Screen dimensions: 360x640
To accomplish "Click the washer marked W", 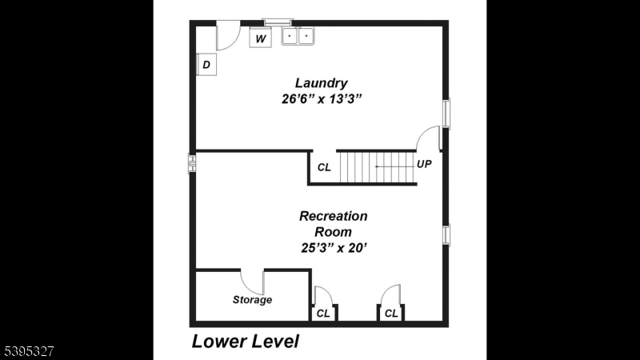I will click(x=261, y=38).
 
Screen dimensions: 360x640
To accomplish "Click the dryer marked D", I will click(x=206, y=65).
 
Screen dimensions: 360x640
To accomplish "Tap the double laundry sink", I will click(x=298, y=37).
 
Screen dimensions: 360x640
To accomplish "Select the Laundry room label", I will click(x=321, y=82).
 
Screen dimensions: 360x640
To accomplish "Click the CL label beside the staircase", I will click(x=324, y=167).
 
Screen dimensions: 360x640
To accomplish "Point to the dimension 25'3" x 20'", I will click(x=333, y=248).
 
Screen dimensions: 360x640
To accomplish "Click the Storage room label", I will click(x=252, y=300).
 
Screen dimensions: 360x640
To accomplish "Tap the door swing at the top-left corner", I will click(x=227, y=36).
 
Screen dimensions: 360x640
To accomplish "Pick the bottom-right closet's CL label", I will click(x=391, y=314).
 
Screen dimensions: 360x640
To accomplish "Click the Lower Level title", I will click(x=245, y=342).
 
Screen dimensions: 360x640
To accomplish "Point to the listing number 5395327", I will click(x=27, y=350).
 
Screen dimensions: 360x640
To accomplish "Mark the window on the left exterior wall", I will click(x=192, y=163).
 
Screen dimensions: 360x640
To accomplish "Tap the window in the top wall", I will click(x=278, y=22).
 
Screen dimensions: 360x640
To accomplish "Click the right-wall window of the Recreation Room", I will click(x=446, y=234).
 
